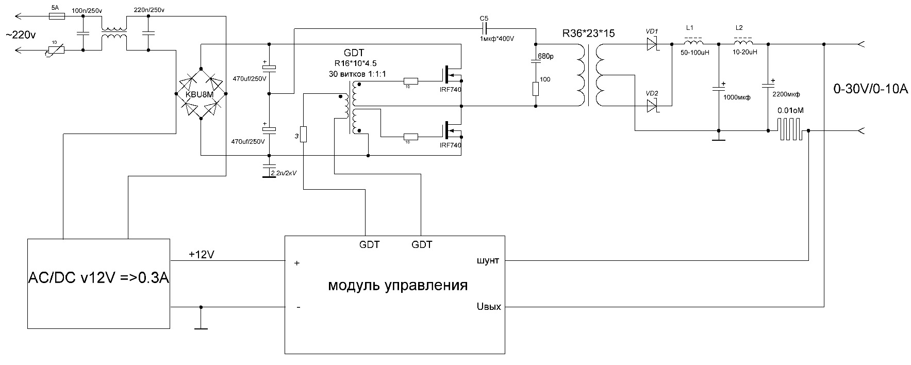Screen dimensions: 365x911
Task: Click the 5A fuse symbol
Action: point(56,16)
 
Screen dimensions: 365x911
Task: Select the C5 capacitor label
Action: point(484,18)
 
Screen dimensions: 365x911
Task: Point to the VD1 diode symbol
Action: point(652,45)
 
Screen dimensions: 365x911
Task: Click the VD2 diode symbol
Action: point(652,106)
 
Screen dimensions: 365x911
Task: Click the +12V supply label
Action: point(202,254)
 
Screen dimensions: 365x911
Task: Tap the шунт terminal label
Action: point(488,260)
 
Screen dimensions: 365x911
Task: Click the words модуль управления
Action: point(397,286)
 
